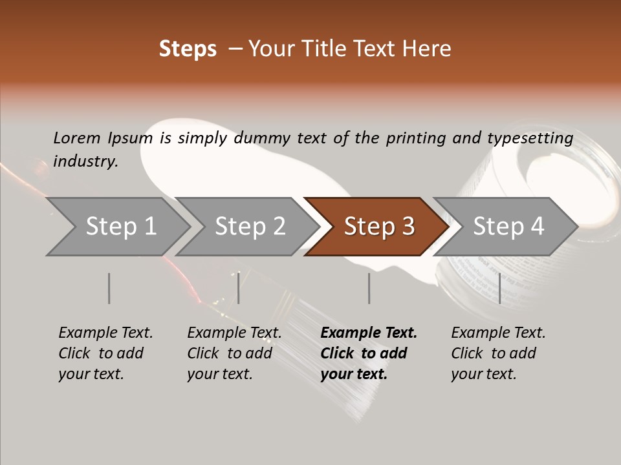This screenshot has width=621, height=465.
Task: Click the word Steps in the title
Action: [x=188, y=49]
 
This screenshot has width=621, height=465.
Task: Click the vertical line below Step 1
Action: [x=109, y=288]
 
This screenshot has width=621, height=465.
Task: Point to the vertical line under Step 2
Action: [x=239, y=288]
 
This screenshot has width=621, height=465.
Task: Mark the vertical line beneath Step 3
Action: [x=369, y=288]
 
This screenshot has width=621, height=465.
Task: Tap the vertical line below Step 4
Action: [x=499, y=288]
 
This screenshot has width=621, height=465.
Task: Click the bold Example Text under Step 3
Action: [x=369, y=353]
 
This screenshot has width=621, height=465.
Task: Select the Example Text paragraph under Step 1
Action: [x=105, y=353]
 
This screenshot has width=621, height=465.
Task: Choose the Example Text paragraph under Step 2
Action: [x=234, y=353]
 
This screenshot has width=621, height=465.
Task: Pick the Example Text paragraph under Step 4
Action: [x=498, y=353]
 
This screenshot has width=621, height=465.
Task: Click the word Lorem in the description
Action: [x=77, y=138]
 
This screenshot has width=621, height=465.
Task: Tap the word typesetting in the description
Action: [x=530, y=138]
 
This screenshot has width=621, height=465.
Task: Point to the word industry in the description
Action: [x=85, y=161]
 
